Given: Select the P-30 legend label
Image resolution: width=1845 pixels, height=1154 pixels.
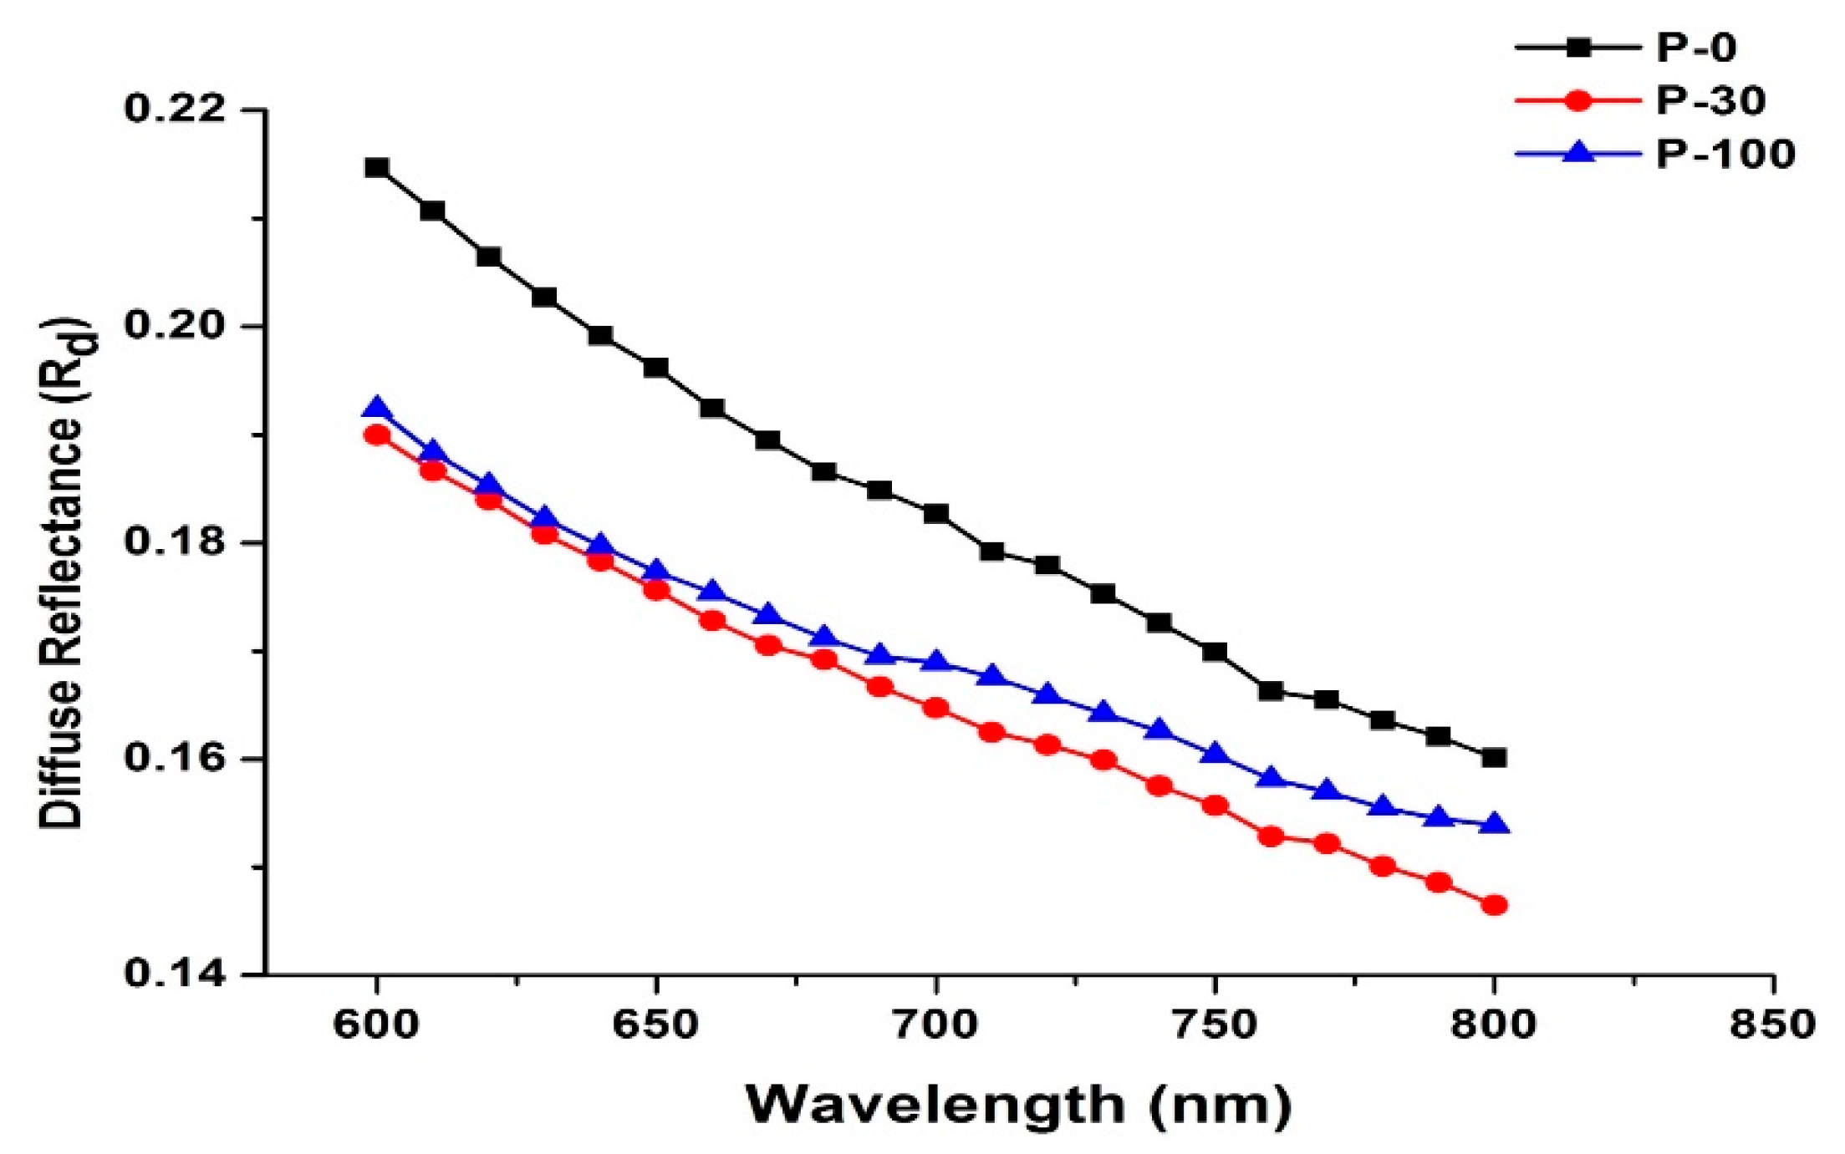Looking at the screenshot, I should (x=1710, y=101).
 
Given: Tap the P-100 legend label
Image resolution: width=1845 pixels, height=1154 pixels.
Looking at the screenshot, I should (x=1725, y=155).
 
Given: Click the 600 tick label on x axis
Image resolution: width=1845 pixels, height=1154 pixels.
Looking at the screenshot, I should (x=376, y=1024).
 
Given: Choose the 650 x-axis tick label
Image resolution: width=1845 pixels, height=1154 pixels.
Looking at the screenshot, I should (x=655, y=1024).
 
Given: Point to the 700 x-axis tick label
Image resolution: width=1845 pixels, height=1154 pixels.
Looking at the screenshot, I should (x=935, y=1024).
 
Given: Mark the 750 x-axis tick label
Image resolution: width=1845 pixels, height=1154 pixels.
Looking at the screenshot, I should (x=1215, y=1024).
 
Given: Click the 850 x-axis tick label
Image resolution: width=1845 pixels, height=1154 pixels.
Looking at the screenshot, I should (x=1773, y=1024).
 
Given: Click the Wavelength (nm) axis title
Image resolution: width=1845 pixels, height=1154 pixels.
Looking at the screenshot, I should (x=1018, y=1105).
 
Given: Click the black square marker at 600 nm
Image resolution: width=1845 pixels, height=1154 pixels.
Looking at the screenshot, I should (x=377, y=168).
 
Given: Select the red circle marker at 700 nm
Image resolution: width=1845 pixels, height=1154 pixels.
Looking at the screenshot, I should (x=936, y=708).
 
